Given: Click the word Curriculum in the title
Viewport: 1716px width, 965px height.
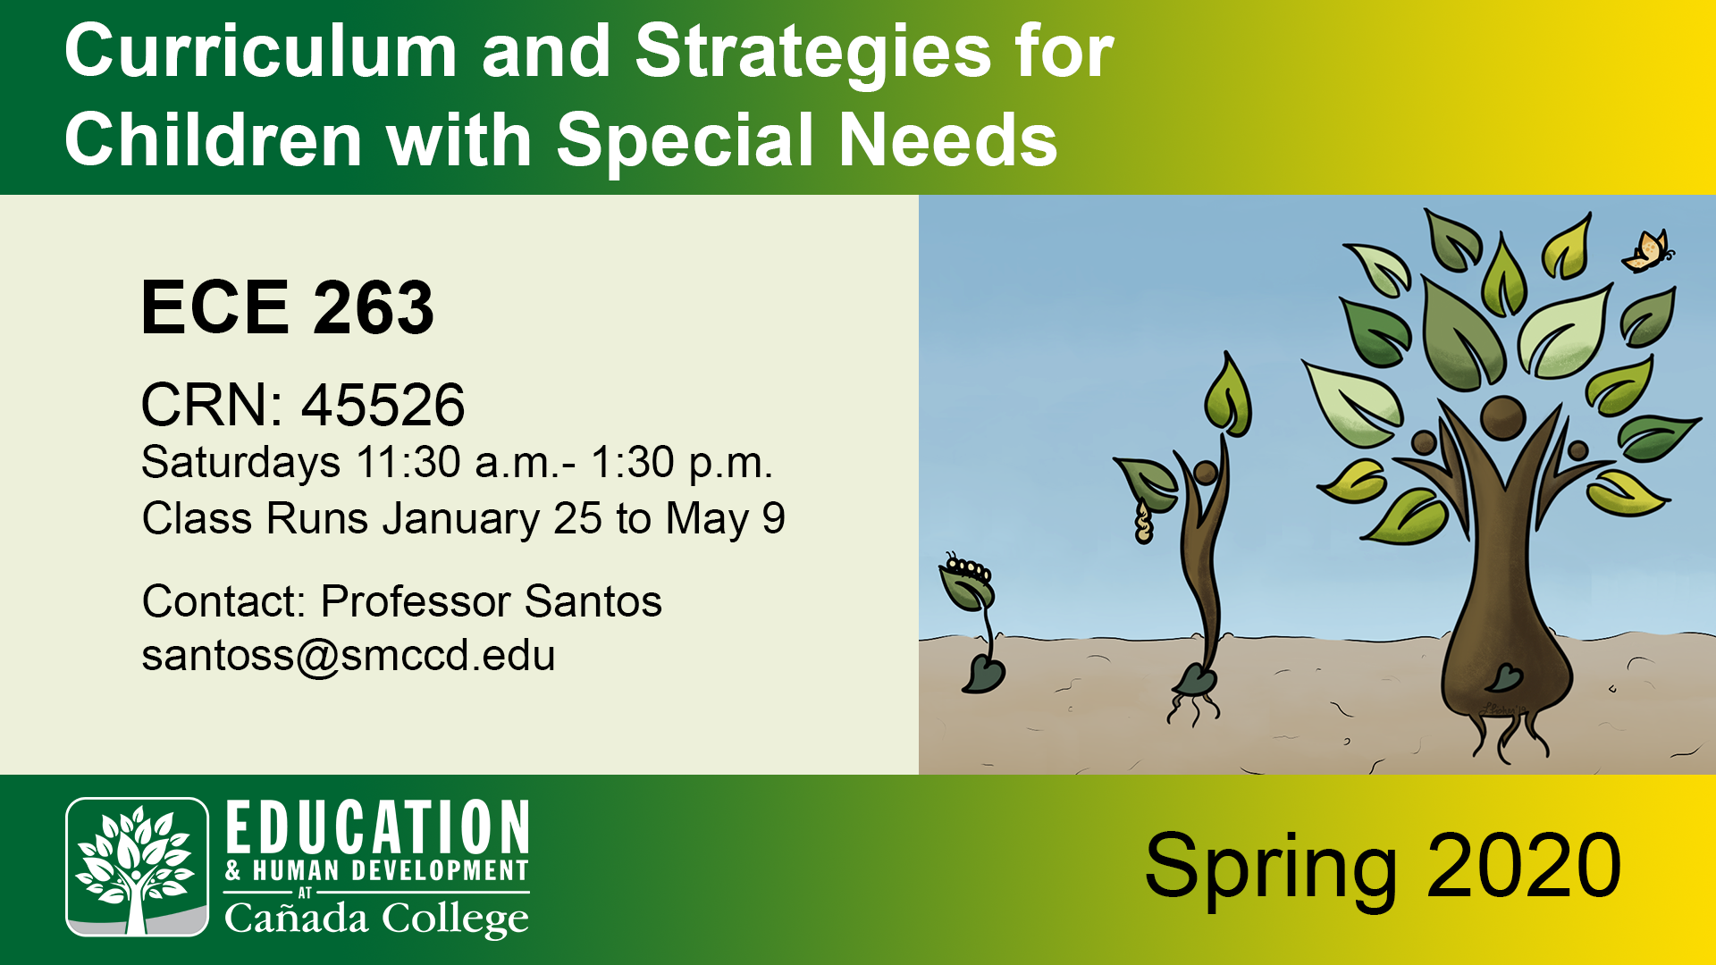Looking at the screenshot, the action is click(261, 52).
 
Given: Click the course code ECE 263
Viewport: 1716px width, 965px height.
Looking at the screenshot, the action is click(287, 307).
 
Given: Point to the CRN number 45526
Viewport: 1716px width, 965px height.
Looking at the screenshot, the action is click(383, 405).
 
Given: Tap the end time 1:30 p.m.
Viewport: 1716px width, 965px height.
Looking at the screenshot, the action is click(680, 463).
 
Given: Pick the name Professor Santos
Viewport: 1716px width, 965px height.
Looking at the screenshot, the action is click(491, 600).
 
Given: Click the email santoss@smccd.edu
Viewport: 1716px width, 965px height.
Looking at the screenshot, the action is click(349, 655).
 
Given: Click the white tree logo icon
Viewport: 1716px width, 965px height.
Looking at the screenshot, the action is click(137, 867).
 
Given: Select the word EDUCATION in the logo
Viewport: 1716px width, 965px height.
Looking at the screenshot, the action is click(377, 827).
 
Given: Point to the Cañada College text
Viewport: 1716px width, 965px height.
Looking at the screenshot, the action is click(376, 919).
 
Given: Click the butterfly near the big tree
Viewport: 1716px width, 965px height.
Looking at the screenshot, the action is click(1647, 251).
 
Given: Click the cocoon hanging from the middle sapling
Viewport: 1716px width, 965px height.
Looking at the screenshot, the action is click(1143, 522).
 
